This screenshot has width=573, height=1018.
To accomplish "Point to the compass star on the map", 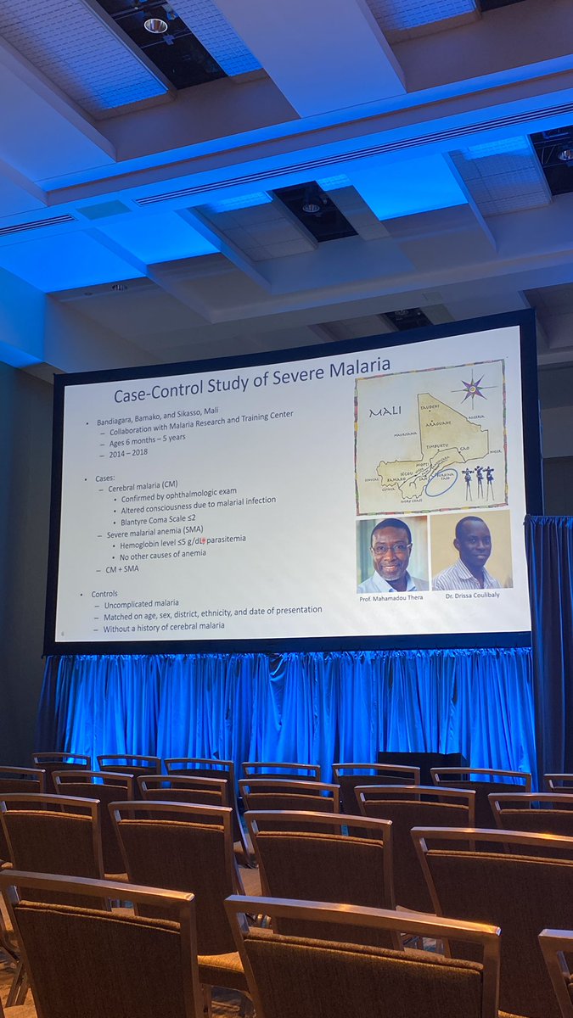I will pyautogui.click(x=474, y=389).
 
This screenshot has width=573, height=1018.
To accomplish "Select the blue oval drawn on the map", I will pyautogui.click(x=442, y=483).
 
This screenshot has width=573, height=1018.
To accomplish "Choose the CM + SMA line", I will pyautogui.click(x=128, y=569).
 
